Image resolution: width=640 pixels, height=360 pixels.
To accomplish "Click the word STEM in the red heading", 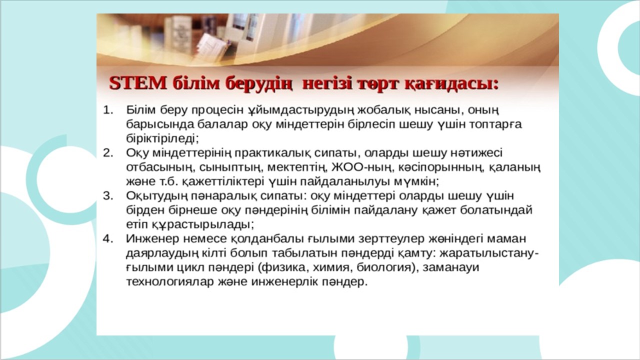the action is (x=137, y=84).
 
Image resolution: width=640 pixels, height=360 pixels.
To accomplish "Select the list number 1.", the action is (x=108, y=110).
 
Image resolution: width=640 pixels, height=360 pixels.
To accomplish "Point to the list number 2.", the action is (x=108, y=153).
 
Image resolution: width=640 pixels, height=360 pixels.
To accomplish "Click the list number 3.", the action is (x=108, y=195).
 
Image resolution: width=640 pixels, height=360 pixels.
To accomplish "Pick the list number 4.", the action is (x=108, y=238).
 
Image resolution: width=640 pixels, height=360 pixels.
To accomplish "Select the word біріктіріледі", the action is (x=162, y=139).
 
